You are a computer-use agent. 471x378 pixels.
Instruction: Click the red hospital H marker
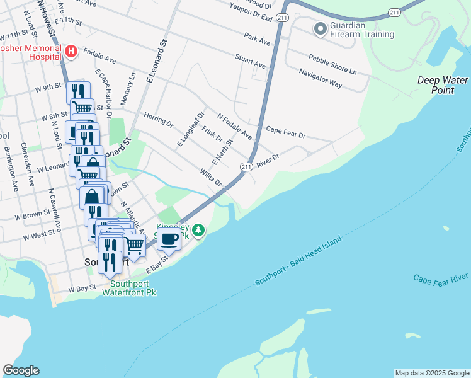click(71, 51)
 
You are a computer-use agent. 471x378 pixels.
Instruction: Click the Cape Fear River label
click(441, 278)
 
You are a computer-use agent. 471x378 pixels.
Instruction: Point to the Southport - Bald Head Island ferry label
click(298, 262)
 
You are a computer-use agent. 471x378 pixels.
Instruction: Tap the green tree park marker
click(199, 231)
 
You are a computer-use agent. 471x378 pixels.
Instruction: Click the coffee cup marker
click(169, 239)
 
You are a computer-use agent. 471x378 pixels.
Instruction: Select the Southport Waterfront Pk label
click(128, 288)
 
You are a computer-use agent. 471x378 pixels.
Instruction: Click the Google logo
click(21, 370)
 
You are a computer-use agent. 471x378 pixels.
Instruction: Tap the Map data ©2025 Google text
click(432, 373)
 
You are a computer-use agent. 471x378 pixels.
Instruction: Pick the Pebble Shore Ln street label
click(332, 62)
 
